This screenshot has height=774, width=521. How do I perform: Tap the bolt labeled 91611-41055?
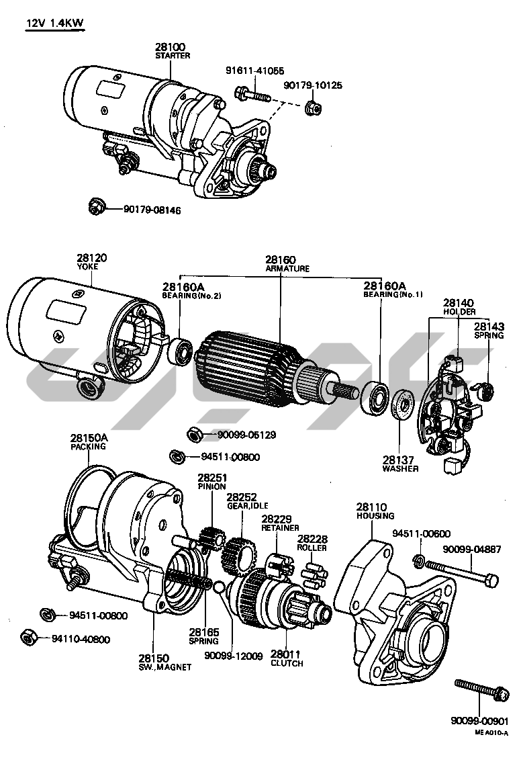click(x=253, y=95)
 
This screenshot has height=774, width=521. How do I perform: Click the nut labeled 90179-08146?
click(x=96, y=206)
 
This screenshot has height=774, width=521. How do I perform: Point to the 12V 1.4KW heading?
click(x=54, y=24)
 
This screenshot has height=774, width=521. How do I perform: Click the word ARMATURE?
click(x=287, y=268)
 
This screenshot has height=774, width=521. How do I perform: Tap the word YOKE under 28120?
click(x=91, y=267)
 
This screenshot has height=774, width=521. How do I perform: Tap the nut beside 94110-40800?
click(x=28, y=636)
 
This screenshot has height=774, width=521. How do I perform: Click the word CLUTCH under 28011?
click(x=287, y=663)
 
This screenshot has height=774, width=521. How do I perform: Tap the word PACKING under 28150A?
click(x=89, y=446)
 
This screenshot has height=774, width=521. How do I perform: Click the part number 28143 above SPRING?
click(x=488, y=326)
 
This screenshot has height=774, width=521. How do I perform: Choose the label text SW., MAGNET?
click(x=164, y=667)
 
